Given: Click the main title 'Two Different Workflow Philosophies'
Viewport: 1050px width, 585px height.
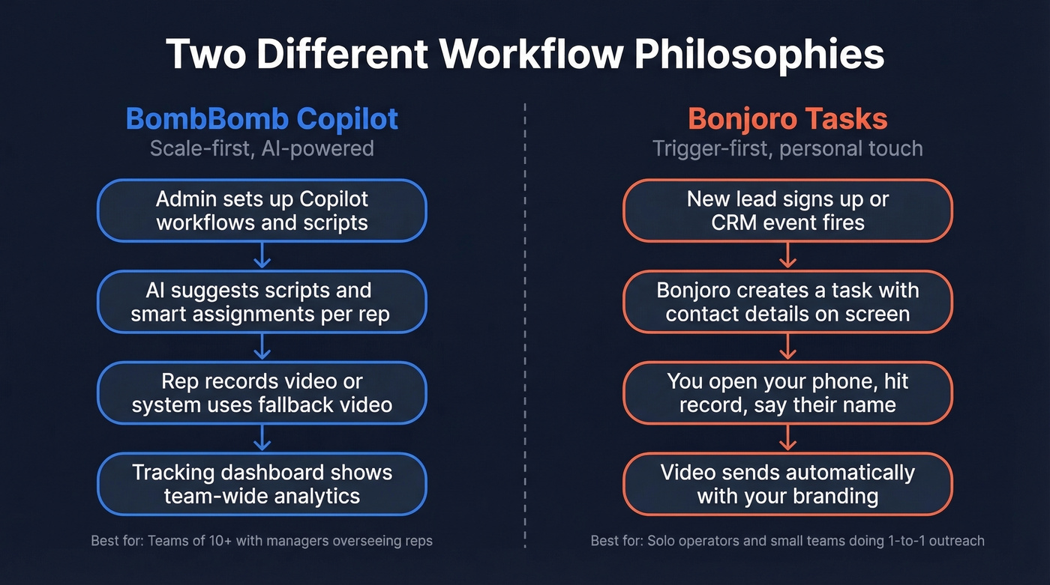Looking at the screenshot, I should [525, 55].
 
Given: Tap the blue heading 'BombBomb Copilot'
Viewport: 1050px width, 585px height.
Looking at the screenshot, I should [262, 119].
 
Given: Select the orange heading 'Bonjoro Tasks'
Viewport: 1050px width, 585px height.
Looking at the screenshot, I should [787, 119].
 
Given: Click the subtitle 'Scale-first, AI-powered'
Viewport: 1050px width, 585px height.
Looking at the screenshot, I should [262, 148].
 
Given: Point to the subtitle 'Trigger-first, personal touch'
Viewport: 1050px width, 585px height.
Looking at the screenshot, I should [787, 148].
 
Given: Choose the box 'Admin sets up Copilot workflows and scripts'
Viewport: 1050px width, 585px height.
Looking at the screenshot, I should [262, 210].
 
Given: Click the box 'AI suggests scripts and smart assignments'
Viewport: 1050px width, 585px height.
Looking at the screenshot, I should [262, 302].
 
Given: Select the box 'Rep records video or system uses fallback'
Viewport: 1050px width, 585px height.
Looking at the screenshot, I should [262, 393].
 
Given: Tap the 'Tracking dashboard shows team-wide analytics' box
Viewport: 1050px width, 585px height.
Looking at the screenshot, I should [262, 484].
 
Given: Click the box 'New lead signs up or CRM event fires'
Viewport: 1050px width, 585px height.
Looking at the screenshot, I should [787, 210].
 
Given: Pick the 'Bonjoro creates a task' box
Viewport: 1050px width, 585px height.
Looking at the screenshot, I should [787, 302].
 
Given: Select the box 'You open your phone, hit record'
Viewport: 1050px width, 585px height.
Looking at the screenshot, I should [787, 393].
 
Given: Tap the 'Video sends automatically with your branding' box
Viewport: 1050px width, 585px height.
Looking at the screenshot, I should [787, 484].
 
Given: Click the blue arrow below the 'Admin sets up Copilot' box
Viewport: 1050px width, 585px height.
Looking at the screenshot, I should [262, 256].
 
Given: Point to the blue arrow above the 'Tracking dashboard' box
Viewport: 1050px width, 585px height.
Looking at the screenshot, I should [262, 438].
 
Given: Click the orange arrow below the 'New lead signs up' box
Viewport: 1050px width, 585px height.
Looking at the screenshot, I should [787, 256].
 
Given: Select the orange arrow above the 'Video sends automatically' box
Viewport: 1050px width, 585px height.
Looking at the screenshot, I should [787, 438].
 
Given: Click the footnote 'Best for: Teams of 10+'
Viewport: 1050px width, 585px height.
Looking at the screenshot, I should [262, 540].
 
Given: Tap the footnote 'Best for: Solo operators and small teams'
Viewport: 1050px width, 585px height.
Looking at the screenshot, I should [787, 540].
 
